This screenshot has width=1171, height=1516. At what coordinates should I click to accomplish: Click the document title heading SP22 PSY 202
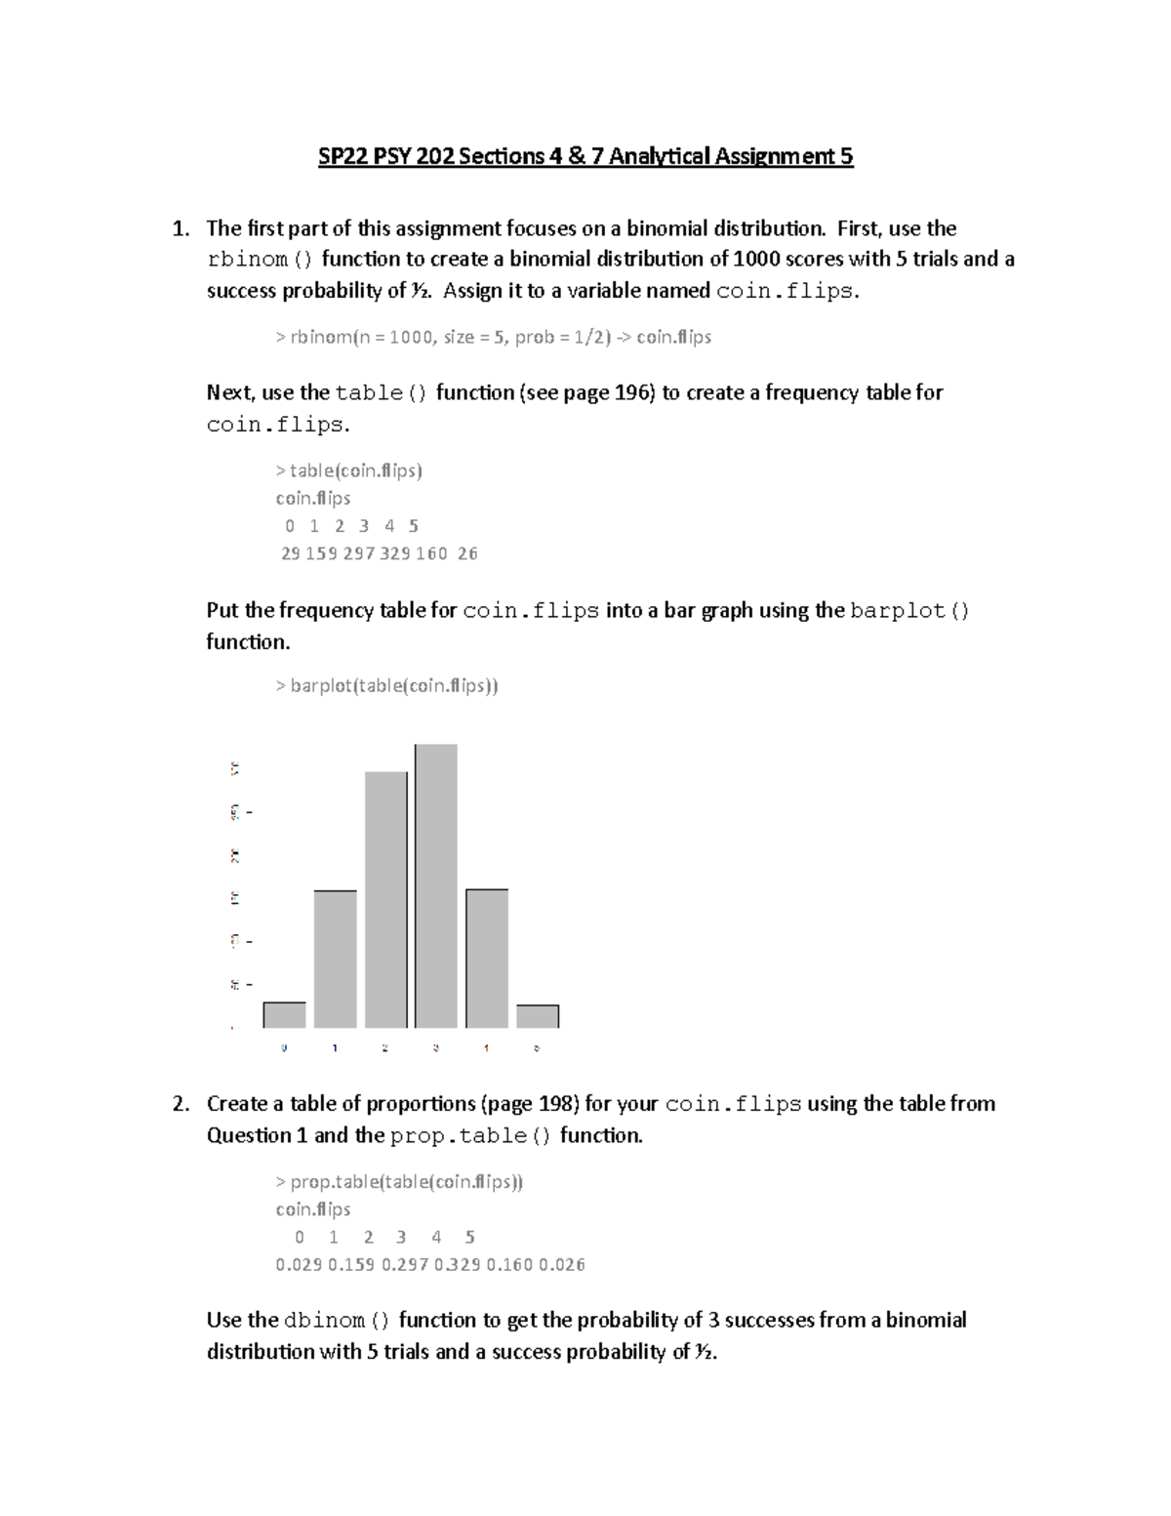(585, 156)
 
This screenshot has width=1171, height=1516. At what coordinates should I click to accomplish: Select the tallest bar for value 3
(435, 886)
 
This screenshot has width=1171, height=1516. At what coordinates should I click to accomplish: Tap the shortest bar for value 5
(537, 1016)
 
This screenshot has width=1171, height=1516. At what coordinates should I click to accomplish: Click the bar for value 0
(284, 1015)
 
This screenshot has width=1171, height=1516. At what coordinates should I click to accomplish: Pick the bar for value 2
(385, 900)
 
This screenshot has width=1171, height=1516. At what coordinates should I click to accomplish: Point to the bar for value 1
(335, 960)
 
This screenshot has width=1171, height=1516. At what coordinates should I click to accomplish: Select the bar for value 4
(486, 959)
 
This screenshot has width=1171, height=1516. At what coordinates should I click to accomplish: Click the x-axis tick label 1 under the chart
(335, 1048)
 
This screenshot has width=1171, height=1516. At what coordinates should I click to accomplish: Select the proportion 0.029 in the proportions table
(299, 1264)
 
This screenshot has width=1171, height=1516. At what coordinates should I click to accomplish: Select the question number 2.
(180, 1104)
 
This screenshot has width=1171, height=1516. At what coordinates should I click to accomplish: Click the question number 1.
(180, 228)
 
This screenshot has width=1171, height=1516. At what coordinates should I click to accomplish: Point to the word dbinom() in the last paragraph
(338, 1321)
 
